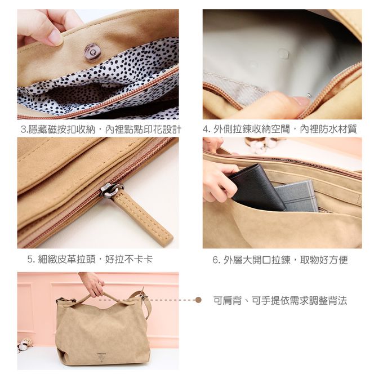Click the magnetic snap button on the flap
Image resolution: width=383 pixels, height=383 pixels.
click(x=92, y=52)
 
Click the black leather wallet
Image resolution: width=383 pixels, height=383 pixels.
click(x=256, y=188)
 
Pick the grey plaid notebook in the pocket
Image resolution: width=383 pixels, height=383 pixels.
click(x=297, y=197)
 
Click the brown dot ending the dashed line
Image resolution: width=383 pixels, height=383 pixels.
click(x=198, y=300)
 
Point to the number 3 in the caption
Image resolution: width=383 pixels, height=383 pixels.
click(x=23, y=130)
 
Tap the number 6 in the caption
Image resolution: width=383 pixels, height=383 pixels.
click(x=215, y=260)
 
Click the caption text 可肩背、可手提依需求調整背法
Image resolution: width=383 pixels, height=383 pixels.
click(x=280, y=300)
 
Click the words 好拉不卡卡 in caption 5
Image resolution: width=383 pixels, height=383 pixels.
click(x=129, y=259)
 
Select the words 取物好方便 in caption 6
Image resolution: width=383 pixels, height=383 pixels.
click(x=324, y=260)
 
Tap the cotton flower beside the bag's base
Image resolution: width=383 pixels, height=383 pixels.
click(x=24, y=344)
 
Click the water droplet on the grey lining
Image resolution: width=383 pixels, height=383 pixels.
click(x=283, y=53)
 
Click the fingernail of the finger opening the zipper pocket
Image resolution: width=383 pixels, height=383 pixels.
click(x=301, y=100)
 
